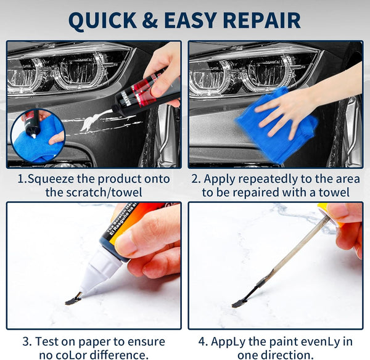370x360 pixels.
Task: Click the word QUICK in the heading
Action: coord(102,20)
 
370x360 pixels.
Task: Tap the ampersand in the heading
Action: coord(150,20)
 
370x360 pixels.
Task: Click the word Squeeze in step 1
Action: coord(51,179)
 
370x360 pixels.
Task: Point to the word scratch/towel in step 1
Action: coord(104,192)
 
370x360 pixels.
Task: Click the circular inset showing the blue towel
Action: coord(38,136)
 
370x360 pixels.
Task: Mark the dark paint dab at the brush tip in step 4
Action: coord(239,304)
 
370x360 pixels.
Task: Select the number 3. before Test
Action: coord(27,342)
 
